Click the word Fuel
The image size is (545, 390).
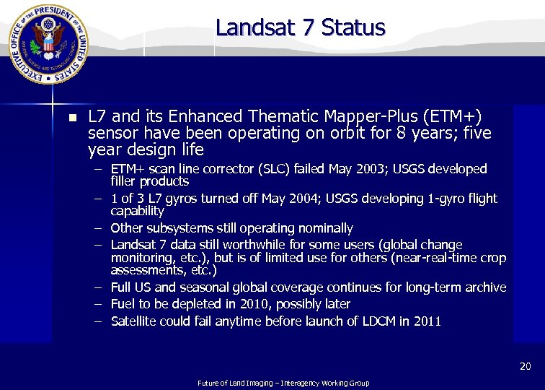[123, 304]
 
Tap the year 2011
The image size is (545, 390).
[427, 321]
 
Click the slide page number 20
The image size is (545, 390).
[525, 367]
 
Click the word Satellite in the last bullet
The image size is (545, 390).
[135, 321]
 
